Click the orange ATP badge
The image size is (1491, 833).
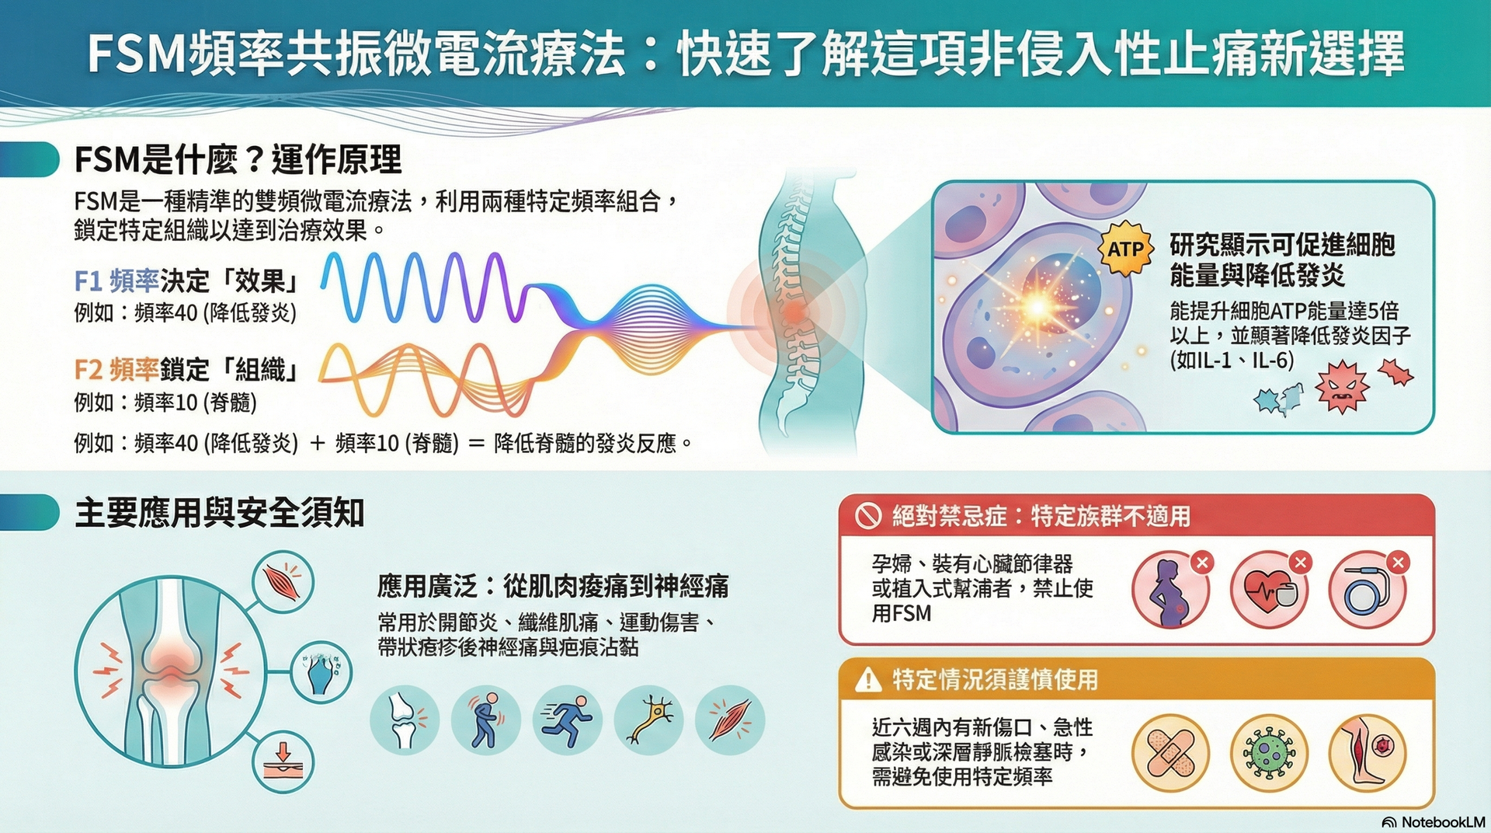pyautogui.click(x=1125, y=249)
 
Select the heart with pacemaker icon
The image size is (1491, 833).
pyautogui.click(x=1268, y=591)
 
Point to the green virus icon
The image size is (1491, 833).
pyautogui.click(x=1269, y=753)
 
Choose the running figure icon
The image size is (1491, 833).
pyautogui.click(x=567, y=720)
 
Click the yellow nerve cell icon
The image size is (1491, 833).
pyautogui.click(x=649, y=720)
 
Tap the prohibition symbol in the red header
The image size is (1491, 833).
pyautogui.click(x=867, y=515)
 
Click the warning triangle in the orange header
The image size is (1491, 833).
pyautogui.click(x=867, y=680)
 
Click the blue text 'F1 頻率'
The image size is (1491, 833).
pyautogui.click(x=116, y=281)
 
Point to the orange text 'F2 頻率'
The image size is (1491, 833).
pyautogui.click(x=116, y=370)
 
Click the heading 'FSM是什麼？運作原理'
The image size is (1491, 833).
pyautogui.click(x=238, y=159)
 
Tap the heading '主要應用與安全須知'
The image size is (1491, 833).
pyautogui.click(x=220, y=513)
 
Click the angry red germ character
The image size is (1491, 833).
pyautogui.click(x=1341, y=386)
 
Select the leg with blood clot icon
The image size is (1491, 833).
pyautogui.click(x=1367, y=753)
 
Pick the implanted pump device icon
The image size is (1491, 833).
pyautogui.click(x=1367, y=591)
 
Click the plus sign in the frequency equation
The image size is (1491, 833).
pyautogui.click(x=317, y=444)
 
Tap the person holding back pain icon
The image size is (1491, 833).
pyautogui.click(x=486, y=720)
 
